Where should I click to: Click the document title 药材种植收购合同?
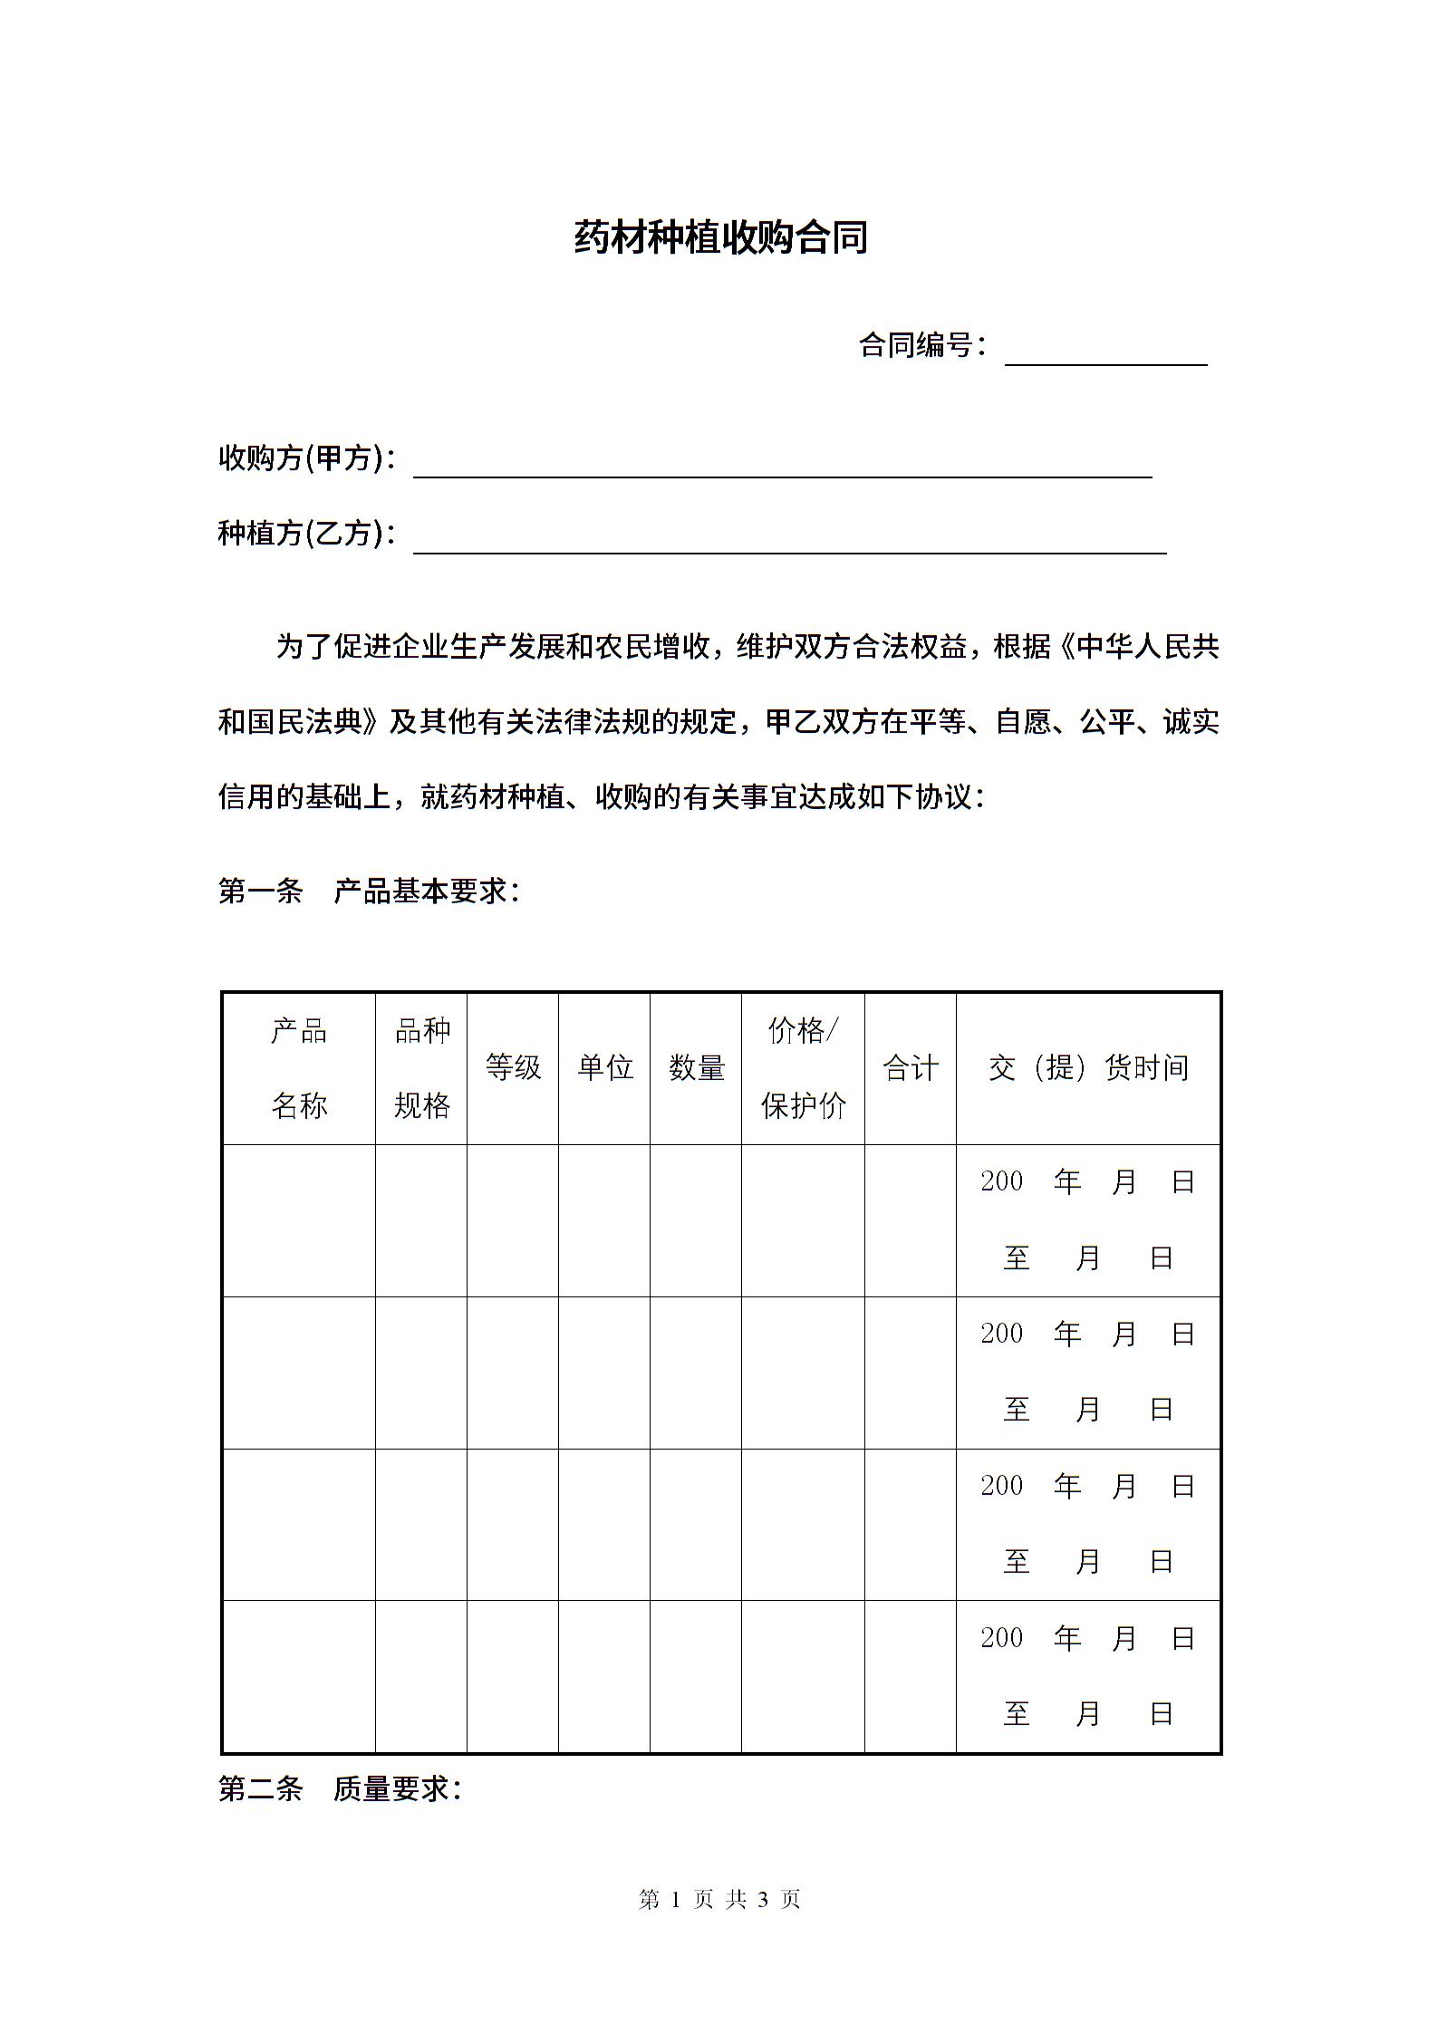(720, 237)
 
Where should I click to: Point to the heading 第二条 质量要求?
(340, 1788)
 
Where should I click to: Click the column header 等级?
(513, 1067)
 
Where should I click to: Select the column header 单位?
(604, 1067)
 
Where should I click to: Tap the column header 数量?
(696, 1067)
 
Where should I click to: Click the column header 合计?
(910, 1067)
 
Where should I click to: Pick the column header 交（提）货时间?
(1088, 1067)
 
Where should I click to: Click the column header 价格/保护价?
(803, 1067)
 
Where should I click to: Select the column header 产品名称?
(299, 1067)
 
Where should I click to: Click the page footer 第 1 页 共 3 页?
(719, 1899)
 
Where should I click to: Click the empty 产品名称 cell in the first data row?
(299, 1219)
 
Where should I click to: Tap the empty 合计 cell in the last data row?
(910, 1676)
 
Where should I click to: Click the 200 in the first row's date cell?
(1001, 1181)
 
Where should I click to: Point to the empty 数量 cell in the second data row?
(696, 1372)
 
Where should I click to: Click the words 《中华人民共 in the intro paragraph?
(1136, 647)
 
